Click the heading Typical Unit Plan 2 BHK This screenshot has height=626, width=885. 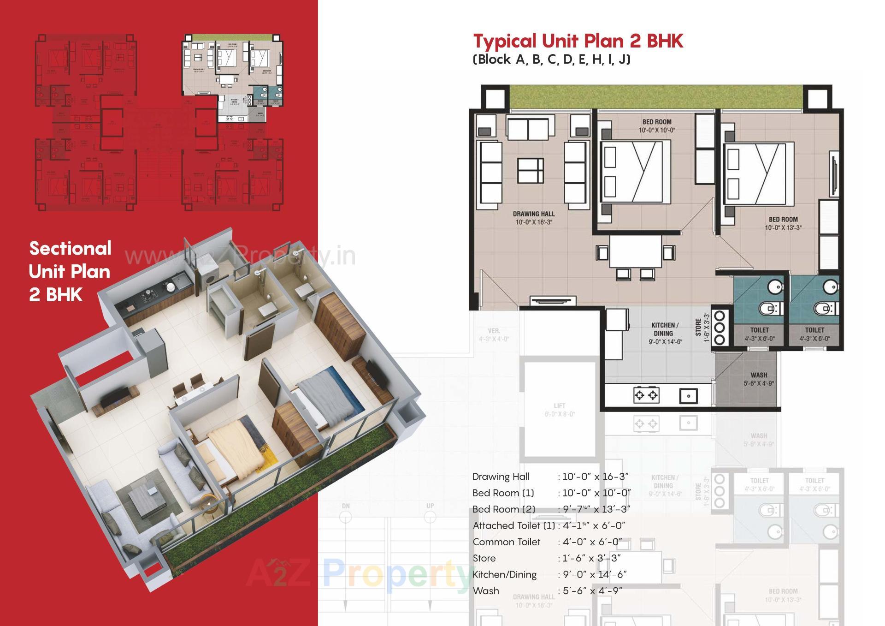click(x=578, y=41)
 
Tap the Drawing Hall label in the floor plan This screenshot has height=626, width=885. click(x=533, y=218)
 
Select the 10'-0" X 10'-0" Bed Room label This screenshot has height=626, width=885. click(x=656, y=126)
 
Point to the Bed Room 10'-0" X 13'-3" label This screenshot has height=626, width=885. click(x=783, y=223)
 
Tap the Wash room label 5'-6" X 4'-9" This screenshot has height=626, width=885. click(x=758, y=379)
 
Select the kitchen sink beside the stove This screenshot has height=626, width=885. click(x=688, y=396)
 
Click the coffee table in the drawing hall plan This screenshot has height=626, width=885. click(x=530, y=170)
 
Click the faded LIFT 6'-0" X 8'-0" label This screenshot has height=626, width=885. click(x=559, y=410)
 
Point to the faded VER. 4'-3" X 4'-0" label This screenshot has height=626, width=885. click(x=494, y=335)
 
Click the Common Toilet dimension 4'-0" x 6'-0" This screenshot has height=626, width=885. click(x=592, y=542)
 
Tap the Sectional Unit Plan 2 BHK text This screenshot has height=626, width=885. click(x=70, y=271)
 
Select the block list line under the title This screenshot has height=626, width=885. click(x=551, y=60)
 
